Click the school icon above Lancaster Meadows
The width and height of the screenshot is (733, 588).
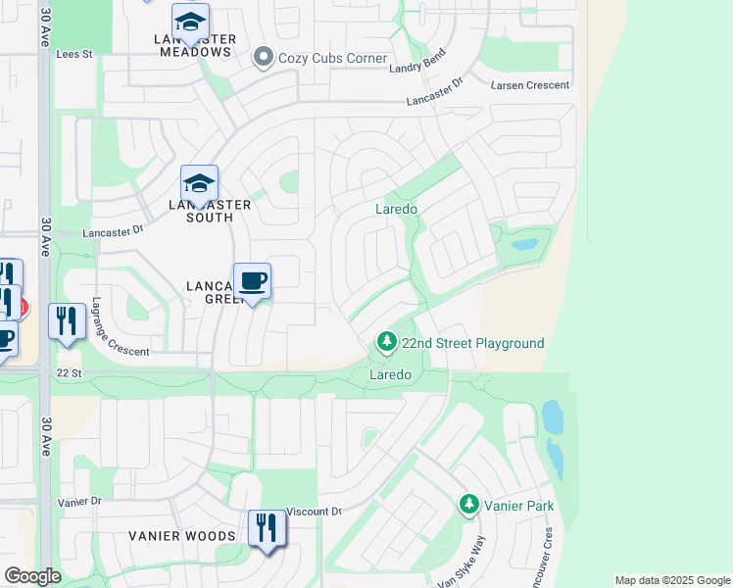(x=190, y=21)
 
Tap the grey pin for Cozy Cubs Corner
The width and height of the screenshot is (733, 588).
(x=262, y=58)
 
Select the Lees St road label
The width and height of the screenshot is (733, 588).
(x=73, y=55)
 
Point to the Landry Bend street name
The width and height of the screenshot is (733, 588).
(x=416, y=61)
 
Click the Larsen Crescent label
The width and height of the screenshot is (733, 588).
(x=530, y=85)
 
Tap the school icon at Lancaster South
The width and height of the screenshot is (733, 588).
(x=199, y=183)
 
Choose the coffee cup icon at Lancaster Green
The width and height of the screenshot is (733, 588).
(x=252, y=281)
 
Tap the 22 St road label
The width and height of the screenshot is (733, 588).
(x=68, y=372)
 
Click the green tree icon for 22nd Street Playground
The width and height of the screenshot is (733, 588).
(x=387, y=342)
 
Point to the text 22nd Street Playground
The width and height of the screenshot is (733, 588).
(x=472, y=344)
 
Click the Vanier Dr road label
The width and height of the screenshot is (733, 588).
(x=79, y=501)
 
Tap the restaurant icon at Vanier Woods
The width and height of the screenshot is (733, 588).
(x=266, y=528)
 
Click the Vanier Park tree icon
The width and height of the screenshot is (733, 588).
(x=469, y=506)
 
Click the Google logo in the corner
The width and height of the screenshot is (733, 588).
(x=32, y=576)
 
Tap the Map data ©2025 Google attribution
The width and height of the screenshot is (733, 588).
(x=671, y=580)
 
